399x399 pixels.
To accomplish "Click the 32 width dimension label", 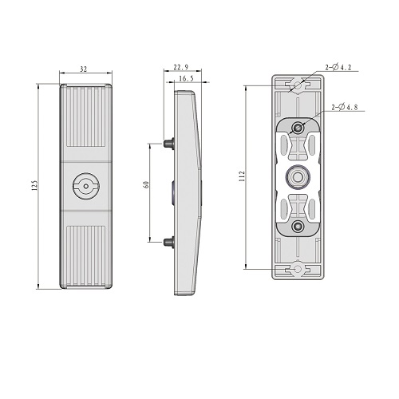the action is pos(84,69).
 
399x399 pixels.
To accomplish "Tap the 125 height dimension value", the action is pos(35,186).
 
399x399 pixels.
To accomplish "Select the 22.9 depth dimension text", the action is pos(181,67).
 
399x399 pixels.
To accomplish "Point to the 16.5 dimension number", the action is pos(186,78).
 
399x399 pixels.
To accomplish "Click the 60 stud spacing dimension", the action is pos(146,184).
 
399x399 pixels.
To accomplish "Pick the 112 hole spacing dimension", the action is pos(242,176).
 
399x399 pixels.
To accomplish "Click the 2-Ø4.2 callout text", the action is pos(338,67).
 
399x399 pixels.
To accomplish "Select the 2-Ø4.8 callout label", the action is pos(345,107).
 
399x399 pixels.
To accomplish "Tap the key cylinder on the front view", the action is pos(86,186).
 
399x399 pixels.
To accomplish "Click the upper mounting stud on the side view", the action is pos(168,144).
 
